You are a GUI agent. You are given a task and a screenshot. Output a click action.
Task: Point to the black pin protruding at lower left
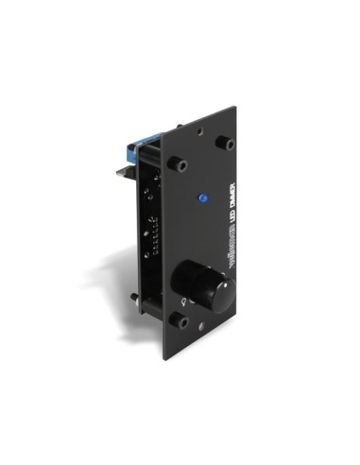click(x=137, y=301)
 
